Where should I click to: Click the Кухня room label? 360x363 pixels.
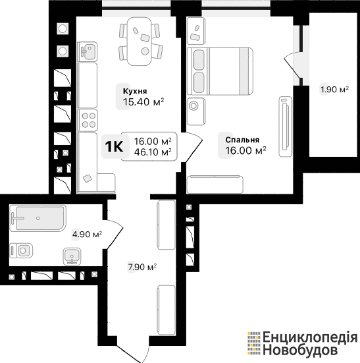(135, 91)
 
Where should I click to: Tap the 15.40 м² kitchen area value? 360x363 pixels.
(143, 102)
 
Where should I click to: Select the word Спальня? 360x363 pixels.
(242, 140)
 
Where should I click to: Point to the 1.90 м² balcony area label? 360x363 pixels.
(334, 89)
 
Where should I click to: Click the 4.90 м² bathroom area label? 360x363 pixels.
(87, 235)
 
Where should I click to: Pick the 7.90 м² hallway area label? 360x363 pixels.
(142, 267)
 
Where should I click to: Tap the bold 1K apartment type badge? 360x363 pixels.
(114, 146)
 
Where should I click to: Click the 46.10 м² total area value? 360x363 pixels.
(153, 152)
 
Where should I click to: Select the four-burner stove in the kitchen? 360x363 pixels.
(88, 121)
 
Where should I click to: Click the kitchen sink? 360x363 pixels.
(87, 51)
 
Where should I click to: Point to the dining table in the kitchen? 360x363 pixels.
(140, 42)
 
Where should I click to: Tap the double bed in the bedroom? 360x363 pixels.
(220, 71)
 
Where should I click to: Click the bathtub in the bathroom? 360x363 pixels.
(38, 218)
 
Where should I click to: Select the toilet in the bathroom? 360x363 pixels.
(21, 250)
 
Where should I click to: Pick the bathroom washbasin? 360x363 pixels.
(72, 256)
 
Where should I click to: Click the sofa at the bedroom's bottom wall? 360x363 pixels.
(215, 184)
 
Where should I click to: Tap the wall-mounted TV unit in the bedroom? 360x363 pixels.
(286, 126)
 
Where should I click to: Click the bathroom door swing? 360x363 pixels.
(115, 234)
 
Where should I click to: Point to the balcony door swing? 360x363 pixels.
(292, 65)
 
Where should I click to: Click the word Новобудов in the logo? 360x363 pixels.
(300, 350)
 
